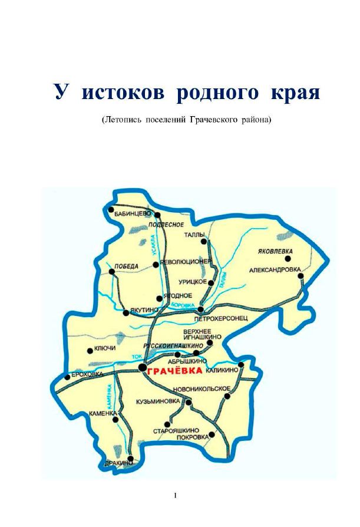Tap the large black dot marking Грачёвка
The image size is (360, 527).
coord(142,368)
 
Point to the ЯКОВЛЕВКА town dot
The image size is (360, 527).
coord(288,258)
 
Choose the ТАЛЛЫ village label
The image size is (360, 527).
coord(194,234)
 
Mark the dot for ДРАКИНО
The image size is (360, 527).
coord(130,458)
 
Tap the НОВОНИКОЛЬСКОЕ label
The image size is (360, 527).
coord(202,389)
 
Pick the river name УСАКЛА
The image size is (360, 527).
coord(153,243)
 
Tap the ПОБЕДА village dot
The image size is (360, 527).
coord(112,272)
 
